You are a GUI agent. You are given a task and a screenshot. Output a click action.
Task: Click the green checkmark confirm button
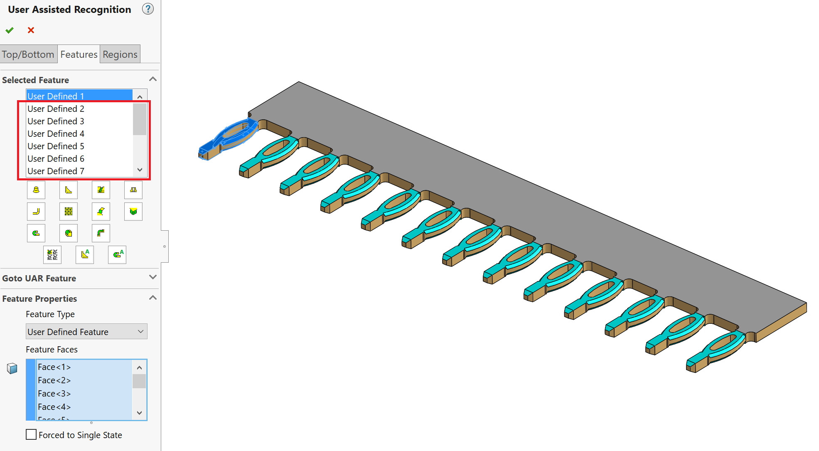[10, 30]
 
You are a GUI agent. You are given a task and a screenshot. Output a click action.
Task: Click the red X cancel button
[31, 30]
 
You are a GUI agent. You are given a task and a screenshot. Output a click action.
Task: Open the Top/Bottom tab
[28, 54]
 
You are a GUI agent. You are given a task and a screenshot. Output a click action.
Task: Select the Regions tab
[120, 54]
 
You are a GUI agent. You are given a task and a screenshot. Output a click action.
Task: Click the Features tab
[79, 54]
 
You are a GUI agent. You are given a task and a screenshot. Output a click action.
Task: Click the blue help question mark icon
[148, 9]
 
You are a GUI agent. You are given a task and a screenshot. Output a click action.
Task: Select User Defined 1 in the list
[56, 96]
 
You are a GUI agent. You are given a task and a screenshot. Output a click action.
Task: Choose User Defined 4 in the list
[56, 133]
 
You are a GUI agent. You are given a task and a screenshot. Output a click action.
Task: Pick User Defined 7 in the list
[56, 171]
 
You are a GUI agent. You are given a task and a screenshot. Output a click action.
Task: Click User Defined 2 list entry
[56, 108]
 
